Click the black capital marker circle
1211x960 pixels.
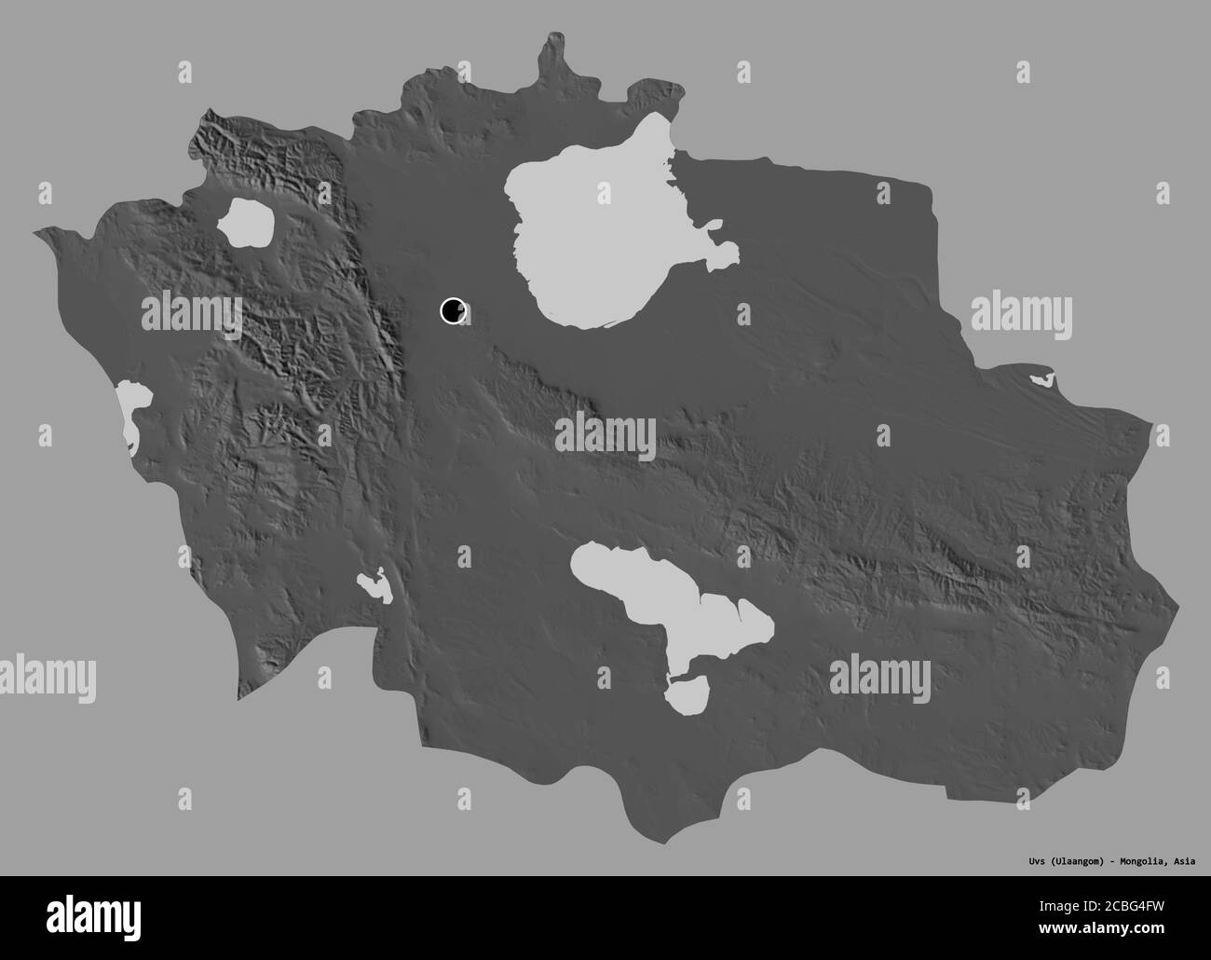(453, 310)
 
